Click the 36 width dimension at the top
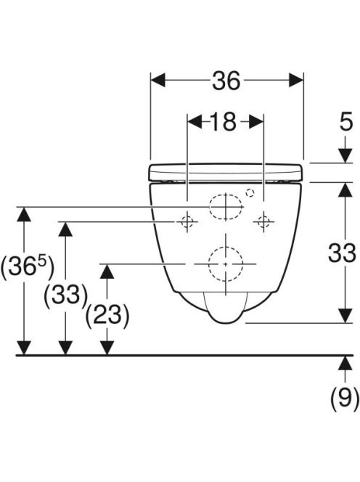click(226, 81)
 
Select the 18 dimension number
click(224, 122)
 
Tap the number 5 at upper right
click(346, 122)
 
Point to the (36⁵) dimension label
click(28, 266)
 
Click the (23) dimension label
click(107, 316)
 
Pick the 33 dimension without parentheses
click(342, 253)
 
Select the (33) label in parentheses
click(65, 295)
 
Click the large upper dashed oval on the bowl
click(226, 207)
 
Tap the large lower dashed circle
click(225, 264)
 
